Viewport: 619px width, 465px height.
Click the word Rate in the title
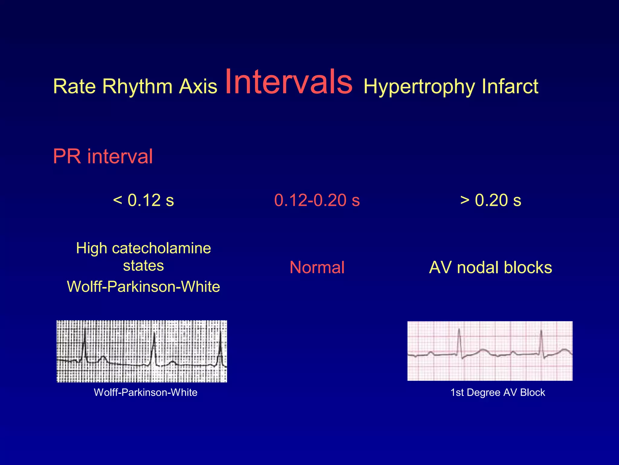(74, 87)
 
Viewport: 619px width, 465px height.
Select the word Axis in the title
(198, 87)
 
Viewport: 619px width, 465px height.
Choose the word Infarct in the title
(510, 87)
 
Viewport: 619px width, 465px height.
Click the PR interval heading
(103, 157)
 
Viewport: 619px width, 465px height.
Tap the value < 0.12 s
(144, 200)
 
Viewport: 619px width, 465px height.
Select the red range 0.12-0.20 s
(317, 200)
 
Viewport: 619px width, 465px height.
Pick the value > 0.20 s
(491, 200)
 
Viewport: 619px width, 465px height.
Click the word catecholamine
(161, 248)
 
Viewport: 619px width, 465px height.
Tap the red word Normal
(317, 268)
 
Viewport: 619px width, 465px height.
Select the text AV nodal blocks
(491, 268)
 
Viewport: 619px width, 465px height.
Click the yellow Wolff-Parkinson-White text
(144, 286)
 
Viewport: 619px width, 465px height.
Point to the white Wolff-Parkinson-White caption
(146, 392)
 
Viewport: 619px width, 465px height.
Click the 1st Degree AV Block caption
(497, 392)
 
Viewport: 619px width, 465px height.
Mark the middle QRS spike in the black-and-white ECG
(154, 348)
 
